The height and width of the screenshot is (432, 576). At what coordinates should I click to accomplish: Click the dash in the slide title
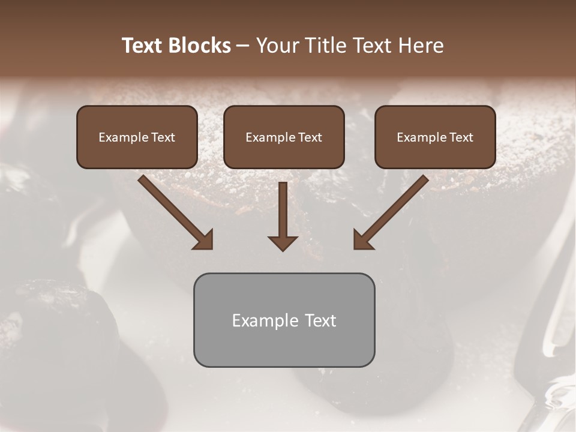pos(243,46)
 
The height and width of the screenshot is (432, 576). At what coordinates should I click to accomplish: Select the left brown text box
pos(137,137)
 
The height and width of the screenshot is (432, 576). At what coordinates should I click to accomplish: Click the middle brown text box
pos(284,137)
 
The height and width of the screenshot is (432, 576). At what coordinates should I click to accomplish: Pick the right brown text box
pos(435,137)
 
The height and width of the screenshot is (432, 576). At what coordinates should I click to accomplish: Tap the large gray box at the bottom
pos(284,320)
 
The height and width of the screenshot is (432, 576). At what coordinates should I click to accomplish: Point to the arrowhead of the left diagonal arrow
pos(204,239)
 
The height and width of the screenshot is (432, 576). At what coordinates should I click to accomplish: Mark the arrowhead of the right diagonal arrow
pos(362,239)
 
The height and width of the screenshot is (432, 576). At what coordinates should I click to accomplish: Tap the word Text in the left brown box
pos(163,137)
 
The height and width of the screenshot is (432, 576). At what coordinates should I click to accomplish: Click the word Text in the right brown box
pos(461,137)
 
